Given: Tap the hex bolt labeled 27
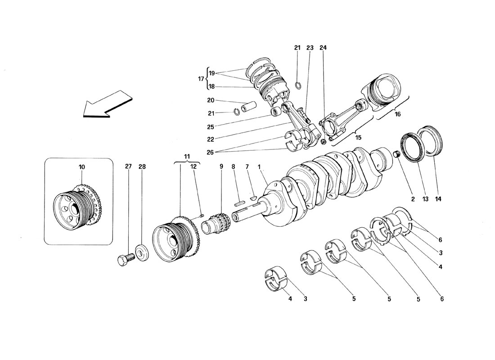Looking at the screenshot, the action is (x=126, y=259).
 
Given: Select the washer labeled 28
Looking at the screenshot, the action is (x=142, y=253).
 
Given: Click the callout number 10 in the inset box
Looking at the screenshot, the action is (x=82, y=167).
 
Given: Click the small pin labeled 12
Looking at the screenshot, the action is (x=200, y=216).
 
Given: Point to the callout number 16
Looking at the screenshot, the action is (x=397, y=114).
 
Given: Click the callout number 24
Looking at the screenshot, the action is (x=323, y=48).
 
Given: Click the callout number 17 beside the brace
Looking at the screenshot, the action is (x=201, y=79).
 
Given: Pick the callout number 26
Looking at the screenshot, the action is (x=210, y=153).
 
